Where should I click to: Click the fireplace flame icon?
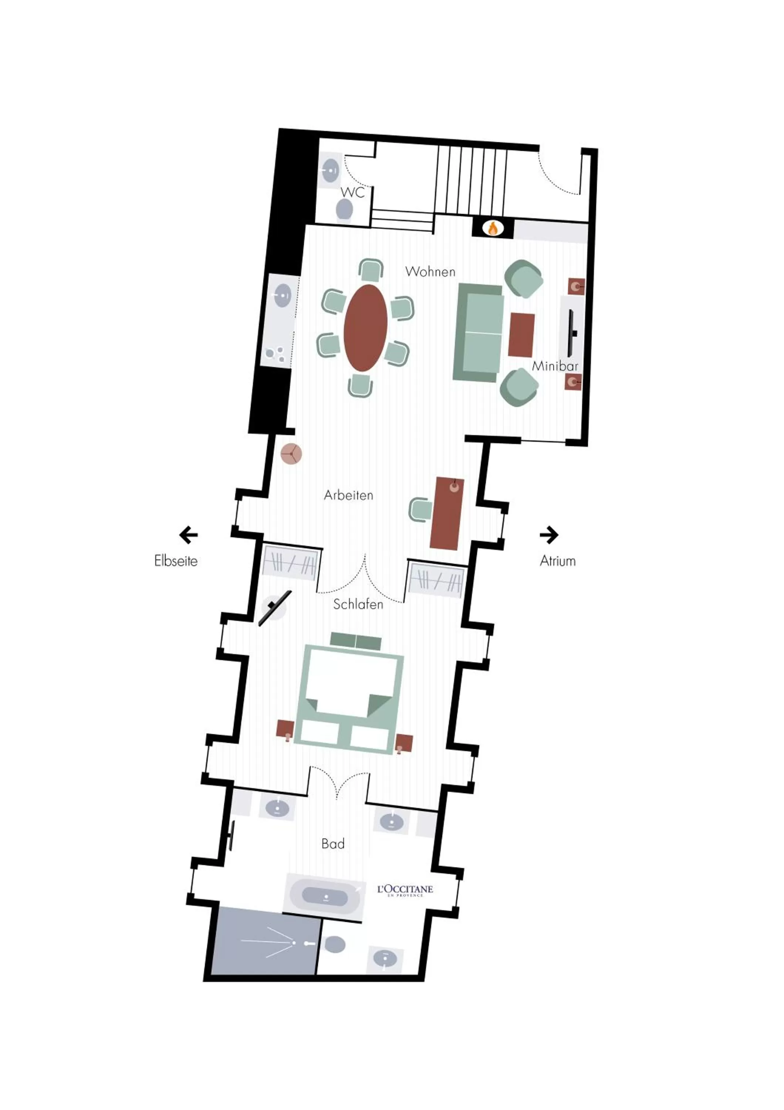point(492,228)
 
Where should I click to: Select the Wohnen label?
point(430,272)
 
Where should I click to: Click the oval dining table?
point(366,327)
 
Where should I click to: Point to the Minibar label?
point(555,366)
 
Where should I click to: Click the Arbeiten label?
point(348,495)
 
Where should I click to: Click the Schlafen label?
point(358,604)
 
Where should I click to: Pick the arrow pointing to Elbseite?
point(188,535)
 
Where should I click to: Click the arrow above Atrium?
point(549,535)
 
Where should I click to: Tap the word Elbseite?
point(176,561)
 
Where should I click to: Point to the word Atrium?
point(557,561)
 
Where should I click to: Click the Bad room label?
point(333,844)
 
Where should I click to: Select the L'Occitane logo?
point(405,890)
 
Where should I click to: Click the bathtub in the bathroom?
point(325,897)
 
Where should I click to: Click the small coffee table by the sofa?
point(521,334)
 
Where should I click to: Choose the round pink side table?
point(291,454)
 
